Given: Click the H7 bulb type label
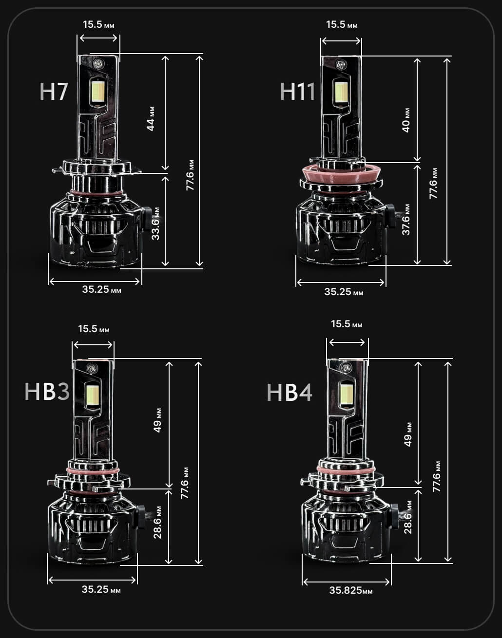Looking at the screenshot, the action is (54, 91).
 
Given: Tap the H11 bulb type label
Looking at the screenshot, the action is (297, 91).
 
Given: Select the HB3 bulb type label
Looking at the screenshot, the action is (47, 391).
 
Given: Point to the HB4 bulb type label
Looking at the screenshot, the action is (290, 392).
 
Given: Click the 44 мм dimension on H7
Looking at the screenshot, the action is (151, 118).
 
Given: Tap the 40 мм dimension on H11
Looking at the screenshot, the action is (406, 120).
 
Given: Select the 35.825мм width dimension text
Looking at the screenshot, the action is (351, 590).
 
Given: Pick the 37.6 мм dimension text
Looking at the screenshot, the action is (406, 219).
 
